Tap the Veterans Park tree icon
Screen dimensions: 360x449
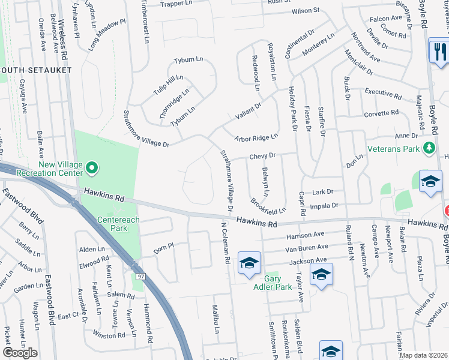pyautogui.click(x=429, y=148)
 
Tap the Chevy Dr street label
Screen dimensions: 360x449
pyautogui.click(x=262, y=155)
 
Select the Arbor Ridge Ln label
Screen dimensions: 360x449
pyautogui.click(x=256, y=138)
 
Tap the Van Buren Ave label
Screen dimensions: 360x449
pyautogui.click(x=307, y=247)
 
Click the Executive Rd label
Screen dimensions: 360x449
pyautogui.click(x=383, y=93)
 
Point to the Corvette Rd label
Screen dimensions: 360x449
pyautogui.click(x=381, y=113)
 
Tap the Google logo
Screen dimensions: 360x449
pyautogui.click(x=20, y=353)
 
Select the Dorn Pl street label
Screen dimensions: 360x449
pyautogui.click(x=163, y=246)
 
